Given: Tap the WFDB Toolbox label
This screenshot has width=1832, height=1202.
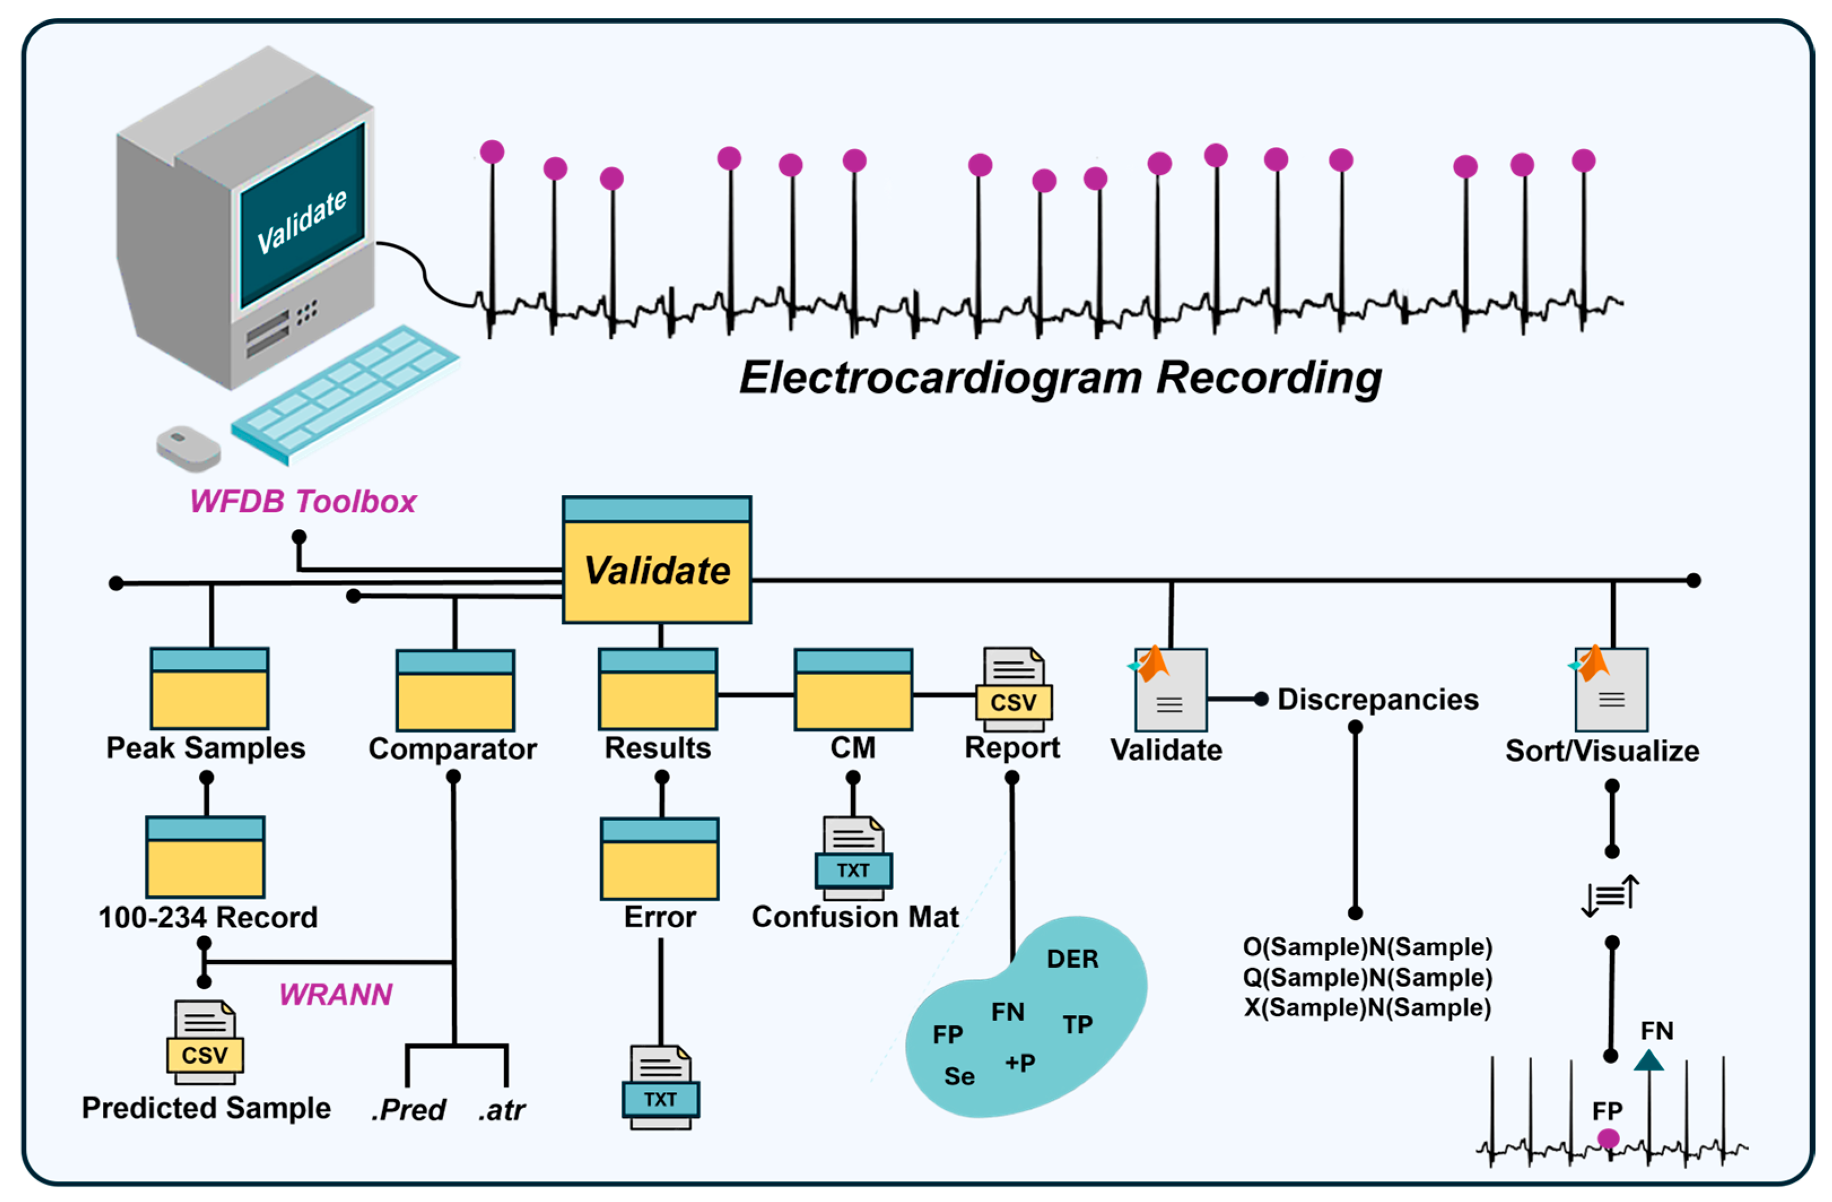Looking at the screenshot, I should click(303, 502).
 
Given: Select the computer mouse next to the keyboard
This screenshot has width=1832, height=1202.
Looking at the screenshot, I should click(188, 447).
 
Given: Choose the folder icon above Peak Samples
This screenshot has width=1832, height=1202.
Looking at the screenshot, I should click(210, 689).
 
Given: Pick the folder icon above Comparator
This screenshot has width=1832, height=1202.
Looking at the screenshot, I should click(455, 690).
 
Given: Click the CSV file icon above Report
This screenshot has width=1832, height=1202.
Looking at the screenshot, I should click(1013, 689).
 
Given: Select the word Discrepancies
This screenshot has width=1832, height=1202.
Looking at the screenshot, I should click(1378, 700).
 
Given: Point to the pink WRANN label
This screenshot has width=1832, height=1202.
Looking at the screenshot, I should click(335, 995).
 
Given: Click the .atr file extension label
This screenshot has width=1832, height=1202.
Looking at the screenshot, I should click(502, 1111).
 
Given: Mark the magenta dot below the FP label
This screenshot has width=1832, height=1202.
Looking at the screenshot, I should click(1607, 1138).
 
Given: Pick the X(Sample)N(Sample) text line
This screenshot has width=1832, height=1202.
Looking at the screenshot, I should click(1367, 1008).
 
